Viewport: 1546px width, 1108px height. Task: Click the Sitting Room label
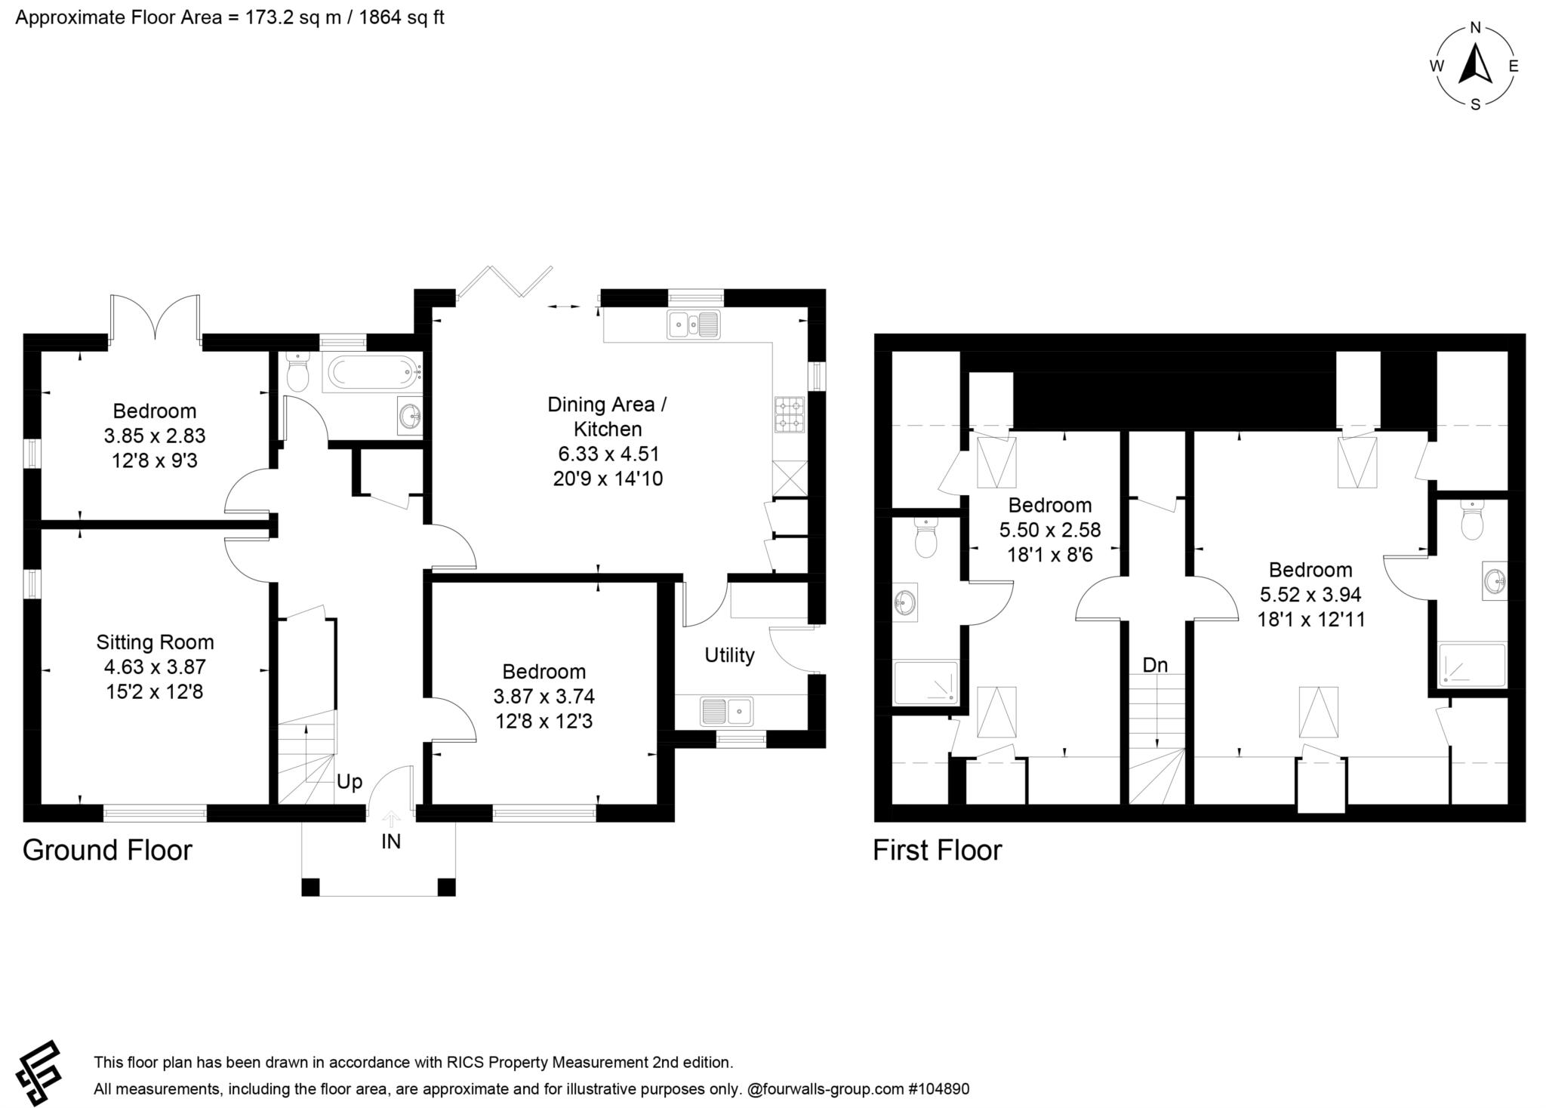[155, 642]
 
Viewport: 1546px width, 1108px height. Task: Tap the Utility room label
[729, 655]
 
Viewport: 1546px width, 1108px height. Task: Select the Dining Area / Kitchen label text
[607, 417]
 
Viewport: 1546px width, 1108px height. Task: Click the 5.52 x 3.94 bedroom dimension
[1310, 595]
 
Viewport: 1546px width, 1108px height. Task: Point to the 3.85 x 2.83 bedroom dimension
[155, 436]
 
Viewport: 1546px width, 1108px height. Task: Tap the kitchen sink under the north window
[694, 325]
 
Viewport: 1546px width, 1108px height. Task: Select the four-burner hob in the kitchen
[790, 414]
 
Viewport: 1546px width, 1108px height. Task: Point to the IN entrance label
[390, 842]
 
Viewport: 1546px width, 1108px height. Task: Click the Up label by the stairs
[349, 782]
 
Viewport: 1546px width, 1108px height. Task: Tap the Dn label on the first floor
[1155, 665]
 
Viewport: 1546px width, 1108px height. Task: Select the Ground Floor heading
[107, 850]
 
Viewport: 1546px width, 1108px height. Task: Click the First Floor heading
[937, 850]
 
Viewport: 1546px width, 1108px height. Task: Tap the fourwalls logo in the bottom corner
[39, 1072]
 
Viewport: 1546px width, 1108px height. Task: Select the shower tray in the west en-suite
[926, 682]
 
